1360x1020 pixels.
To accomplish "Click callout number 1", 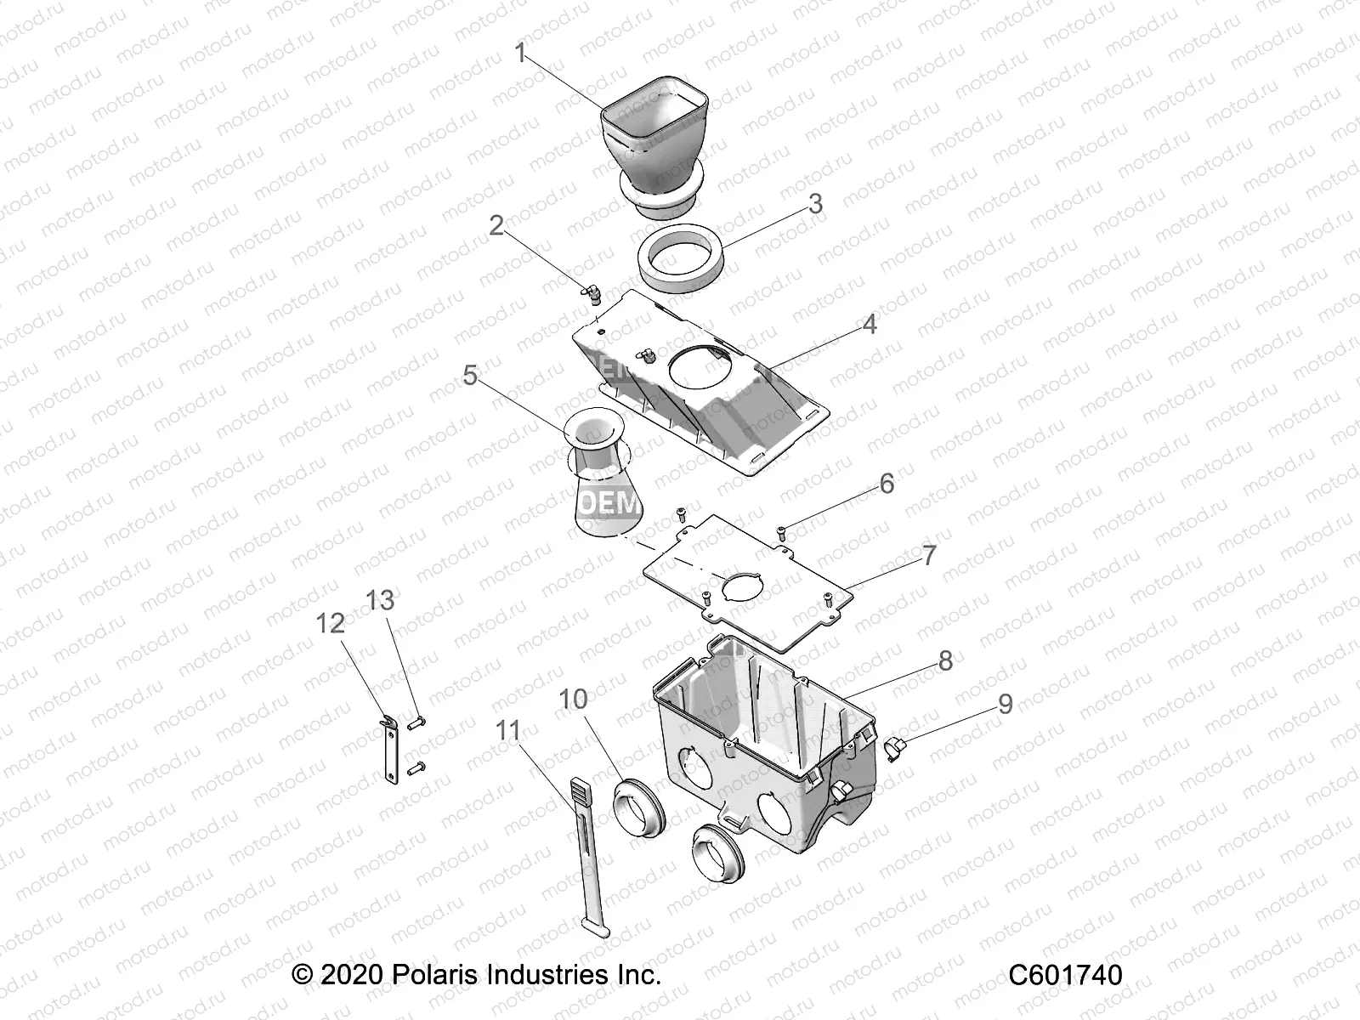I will pyautogui.click(x=521, y=54).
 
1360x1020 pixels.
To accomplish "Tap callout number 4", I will pyautogui.click(x=869, y=325).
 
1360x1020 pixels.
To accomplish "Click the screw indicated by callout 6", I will pyautogui.click(x=782, y=533).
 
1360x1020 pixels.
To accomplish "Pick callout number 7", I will pyautogui.click(x=929, y=555).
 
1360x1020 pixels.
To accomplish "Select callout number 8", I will pyautogui.click(x=945, y=660).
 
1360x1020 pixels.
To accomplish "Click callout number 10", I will pyautogui.click(x=573, y=700).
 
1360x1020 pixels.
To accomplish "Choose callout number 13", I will pyautogui.click(x=381, y=600).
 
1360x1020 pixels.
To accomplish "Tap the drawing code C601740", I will pyautogui.click(x=1065, y=975).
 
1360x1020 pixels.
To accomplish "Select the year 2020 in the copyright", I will pyautogui.click(x=352, y=975).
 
